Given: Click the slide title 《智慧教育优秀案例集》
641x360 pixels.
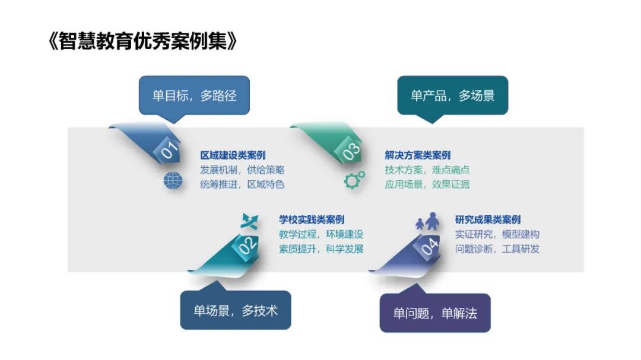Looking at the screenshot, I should [142, 41].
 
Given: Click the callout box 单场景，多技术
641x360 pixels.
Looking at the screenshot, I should [236, 310].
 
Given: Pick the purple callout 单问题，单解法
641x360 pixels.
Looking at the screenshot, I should [435, 313].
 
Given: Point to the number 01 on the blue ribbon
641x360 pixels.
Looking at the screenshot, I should [169, 151].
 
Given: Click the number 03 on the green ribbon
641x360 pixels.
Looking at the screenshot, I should [351, 151].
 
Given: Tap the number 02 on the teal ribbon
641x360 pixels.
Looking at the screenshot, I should [247, 245].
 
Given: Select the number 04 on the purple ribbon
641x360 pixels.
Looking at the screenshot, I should [430, 246].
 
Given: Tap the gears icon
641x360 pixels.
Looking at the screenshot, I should [354, 180].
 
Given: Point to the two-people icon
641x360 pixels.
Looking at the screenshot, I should [428, 221].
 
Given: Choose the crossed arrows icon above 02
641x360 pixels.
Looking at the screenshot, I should [249, 221].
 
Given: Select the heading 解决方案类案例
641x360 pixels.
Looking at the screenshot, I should [417, 155].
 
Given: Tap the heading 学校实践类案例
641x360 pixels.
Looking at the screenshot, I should [312, 219].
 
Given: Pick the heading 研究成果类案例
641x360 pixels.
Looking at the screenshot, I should [488, 219].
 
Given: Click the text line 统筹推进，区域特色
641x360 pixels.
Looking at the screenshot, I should [242, 184].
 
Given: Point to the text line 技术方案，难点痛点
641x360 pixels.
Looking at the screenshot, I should [427, 170].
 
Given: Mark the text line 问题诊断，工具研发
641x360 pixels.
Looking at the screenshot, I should [497, 249].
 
